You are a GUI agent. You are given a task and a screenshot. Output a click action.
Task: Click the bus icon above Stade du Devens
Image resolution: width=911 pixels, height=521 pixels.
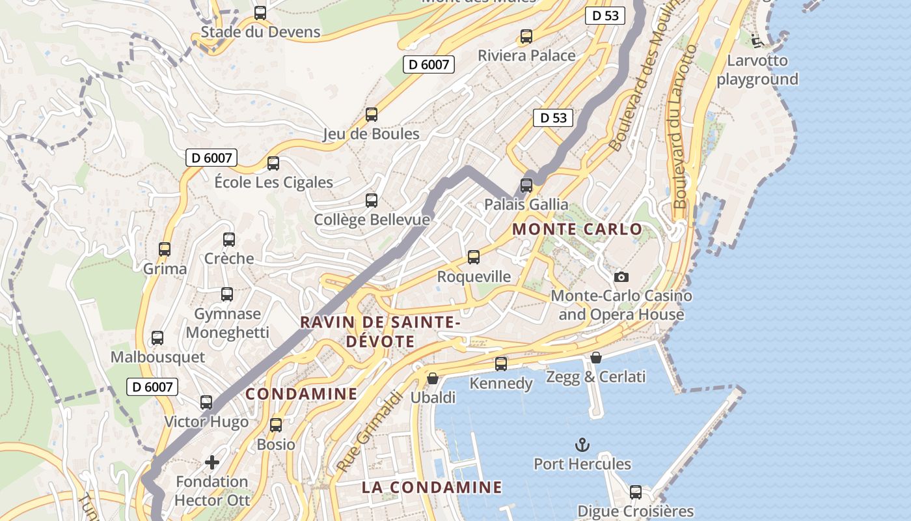[x=260, y=12]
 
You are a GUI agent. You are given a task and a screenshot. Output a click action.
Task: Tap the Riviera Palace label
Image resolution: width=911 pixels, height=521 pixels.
[x=526, y=55]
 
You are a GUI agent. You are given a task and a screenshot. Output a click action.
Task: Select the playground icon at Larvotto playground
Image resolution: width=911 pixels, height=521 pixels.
[x=757, y=41]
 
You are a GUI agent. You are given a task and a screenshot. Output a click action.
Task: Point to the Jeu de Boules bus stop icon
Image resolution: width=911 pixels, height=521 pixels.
[x=371, y=115]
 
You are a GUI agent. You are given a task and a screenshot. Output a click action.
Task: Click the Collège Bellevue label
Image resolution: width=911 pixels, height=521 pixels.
[x=372, y=219]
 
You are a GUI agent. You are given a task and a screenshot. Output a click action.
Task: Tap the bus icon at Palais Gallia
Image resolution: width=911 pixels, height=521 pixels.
[x=526, y=185]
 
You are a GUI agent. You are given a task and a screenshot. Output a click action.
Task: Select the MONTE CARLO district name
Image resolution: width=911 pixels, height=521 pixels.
[x=577, y=229]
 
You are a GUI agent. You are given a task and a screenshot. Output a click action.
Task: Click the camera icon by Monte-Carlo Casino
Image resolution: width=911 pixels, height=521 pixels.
[x=621, y=277]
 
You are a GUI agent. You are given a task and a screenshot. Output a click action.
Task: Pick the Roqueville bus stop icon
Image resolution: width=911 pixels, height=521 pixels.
[x=474, y=257]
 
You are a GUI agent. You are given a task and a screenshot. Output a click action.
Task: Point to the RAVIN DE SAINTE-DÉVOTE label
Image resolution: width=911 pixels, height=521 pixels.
[x=381, y=331]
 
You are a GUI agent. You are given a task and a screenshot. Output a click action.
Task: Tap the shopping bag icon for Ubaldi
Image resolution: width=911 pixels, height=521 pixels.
[x=432, y=378]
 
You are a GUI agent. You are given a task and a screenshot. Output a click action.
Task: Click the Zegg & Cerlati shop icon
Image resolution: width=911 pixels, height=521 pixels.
[x=595, y=358]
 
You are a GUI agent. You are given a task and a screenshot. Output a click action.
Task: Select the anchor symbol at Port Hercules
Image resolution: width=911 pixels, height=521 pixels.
[x=582, y=445]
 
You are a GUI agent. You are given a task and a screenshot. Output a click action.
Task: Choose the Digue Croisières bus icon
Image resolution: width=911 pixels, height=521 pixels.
[x=636, y=492]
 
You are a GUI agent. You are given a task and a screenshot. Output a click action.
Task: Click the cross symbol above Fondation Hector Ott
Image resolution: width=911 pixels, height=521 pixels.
[x=212, y=462]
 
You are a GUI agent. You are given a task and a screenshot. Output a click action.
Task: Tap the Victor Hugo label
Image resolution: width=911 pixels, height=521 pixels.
[x=206, y=421]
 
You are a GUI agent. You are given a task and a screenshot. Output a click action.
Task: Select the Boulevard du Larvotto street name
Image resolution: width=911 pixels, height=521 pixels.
[x=685, y=126]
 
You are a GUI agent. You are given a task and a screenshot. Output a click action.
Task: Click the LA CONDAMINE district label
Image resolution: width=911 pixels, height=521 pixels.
[x=432, y=487]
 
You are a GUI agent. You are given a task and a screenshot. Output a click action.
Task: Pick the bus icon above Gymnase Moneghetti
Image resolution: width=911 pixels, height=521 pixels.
[x=226, y=294]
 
